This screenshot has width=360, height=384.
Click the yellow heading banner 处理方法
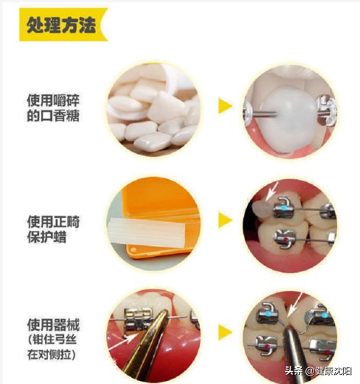click(63, 24)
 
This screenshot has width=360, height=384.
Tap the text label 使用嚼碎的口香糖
click(53, 108)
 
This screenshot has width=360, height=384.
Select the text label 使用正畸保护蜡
click(53, 229)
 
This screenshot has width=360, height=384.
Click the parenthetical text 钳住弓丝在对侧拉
click(52, 347)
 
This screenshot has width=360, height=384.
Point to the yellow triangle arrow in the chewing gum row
click(225, 106)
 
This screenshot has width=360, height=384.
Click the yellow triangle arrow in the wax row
click(225, 220)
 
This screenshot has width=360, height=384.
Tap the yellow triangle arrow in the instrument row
click(225, 332)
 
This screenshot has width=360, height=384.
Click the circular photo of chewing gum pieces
click(153, 109)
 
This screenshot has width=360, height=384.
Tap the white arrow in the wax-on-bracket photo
click(272, 190)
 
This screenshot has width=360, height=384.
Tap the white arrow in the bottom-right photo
click(295, 304)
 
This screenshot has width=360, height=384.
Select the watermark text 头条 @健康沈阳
click(318, 371)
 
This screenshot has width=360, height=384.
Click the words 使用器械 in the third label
click(53, 325)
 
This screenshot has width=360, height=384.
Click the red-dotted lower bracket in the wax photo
click(285, 238)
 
